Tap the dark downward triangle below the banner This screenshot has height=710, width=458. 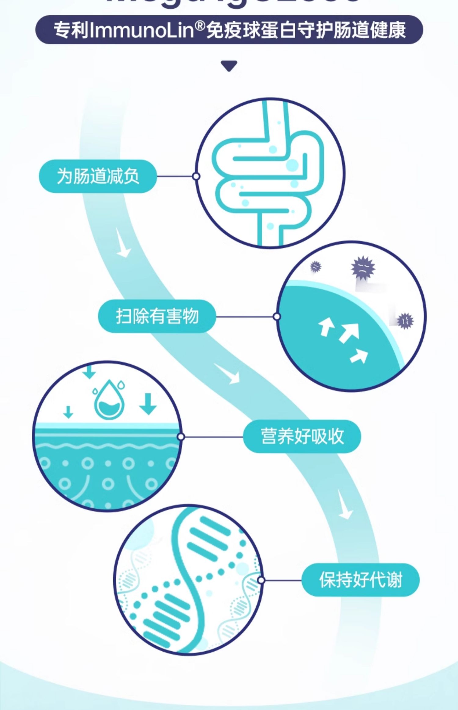tap(229, 66)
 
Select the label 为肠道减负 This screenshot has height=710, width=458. tap(98, 176)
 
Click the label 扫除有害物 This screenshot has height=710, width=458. tap(157, 316)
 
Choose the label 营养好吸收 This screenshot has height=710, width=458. tap(302, 436)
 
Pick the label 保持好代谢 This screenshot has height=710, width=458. tap(360, 580)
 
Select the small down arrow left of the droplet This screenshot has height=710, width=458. tap(68, 412)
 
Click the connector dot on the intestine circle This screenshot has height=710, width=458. tap(196, 176)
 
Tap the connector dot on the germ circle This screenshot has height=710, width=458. tap(277, 316)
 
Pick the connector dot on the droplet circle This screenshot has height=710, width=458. tap(181, 437)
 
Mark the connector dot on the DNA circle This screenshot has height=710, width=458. tap(261, 580)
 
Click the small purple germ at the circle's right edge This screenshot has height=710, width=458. tap(405, 320)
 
